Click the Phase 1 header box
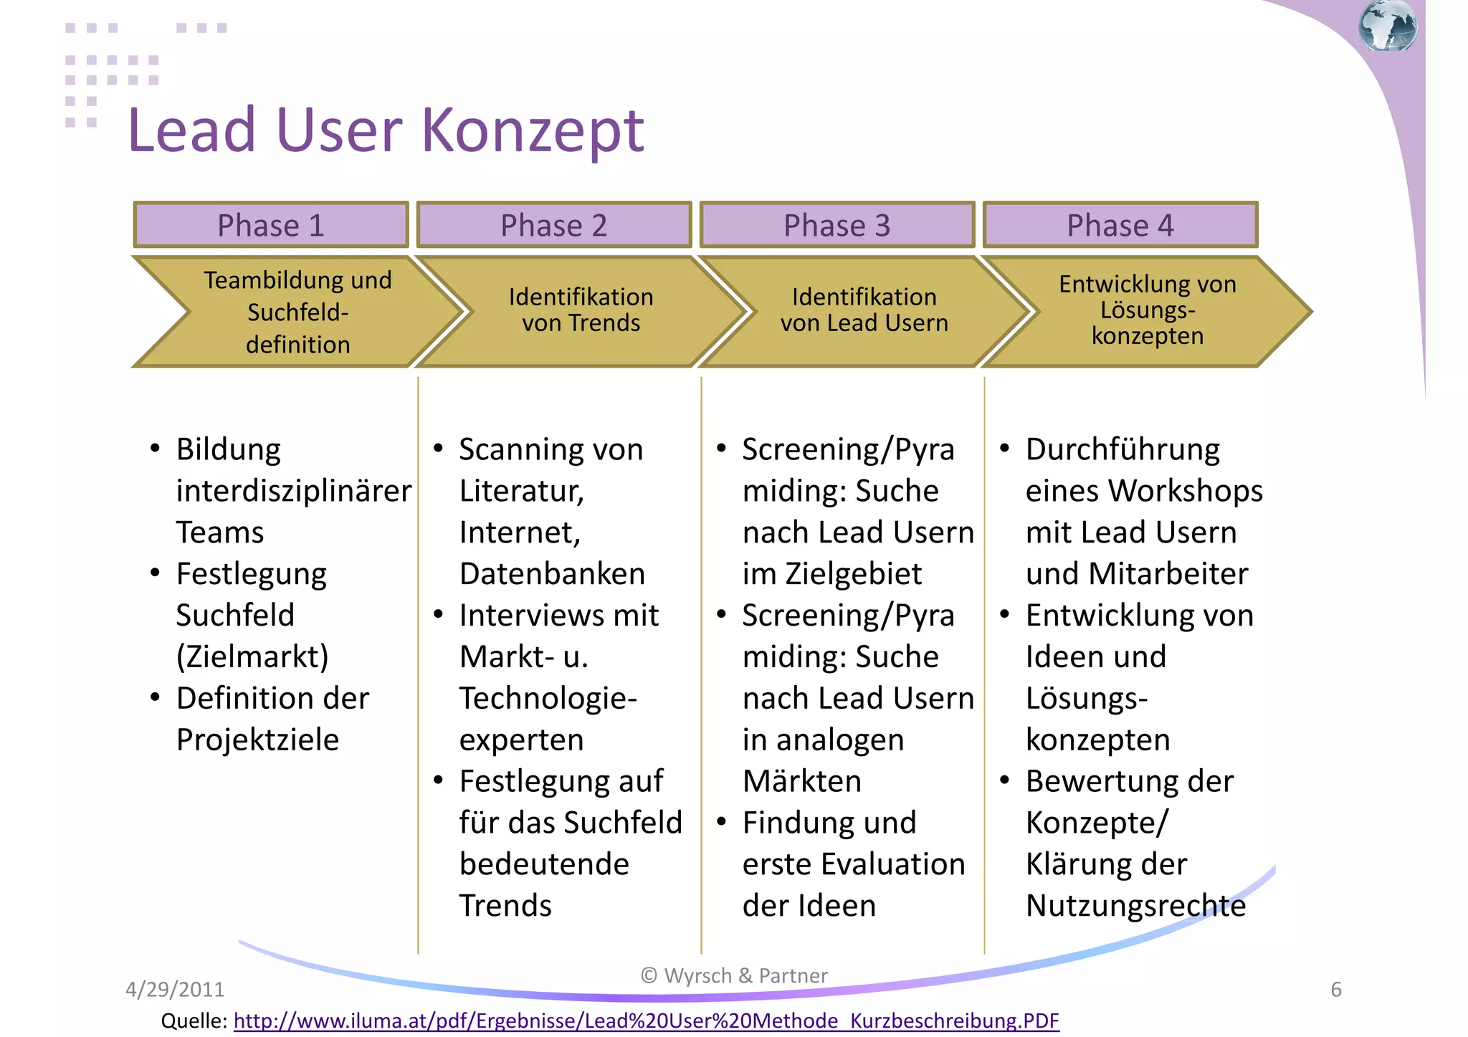pyautogui.click(x=271, y=225)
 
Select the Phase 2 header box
pyautogui.click(x=553, y=225)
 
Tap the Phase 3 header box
pyautogui.click(x=837, y=225)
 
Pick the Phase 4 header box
pyautogui.click(x=1120, y=225)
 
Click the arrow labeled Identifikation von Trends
pyautogui.click(x=581, y=311)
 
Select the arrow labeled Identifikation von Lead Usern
pyautogui.click(x=864, y=311)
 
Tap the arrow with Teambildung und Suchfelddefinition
pyautogui.click(x=297, y=312)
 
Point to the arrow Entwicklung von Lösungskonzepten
pyautogui.click(x=1147, y=311)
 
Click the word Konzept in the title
pyautogui.click(x=532, y=130)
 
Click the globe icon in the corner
pyautogui.click(x=1388, y=27)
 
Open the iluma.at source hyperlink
pyautogui.click(x=645, y=1021)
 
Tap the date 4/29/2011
pyautogui.click(x=175, y=990)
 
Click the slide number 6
pyautogui.click(x=1336, y=990)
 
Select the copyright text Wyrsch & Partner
pyautogui.click(x=735, y=975)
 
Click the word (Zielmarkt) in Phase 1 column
pyautogui.click(x=252, y=656)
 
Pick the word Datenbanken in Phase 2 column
pyautogui.click(x=552, y=574)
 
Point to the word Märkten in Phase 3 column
pyautogui.click(x=801, y=781)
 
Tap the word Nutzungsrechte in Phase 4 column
pyautogui.click(x=1135, y=906)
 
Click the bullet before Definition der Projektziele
pyautogui.click(x=156, y=698)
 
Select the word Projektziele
pyautogui.click(x=257, y=740)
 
